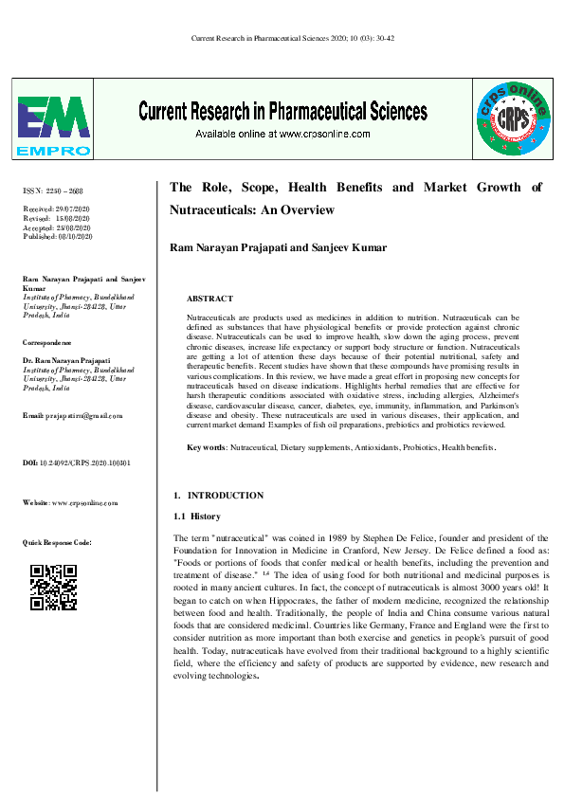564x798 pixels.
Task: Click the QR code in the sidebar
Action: pos(53,586)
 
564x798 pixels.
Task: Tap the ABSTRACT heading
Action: pos(210,298)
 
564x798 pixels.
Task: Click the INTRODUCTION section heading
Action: pos(226,496)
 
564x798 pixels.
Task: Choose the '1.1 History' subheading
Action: pos(197,517)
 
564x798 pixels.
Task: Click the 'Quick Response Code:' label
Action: pos(57,542)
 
